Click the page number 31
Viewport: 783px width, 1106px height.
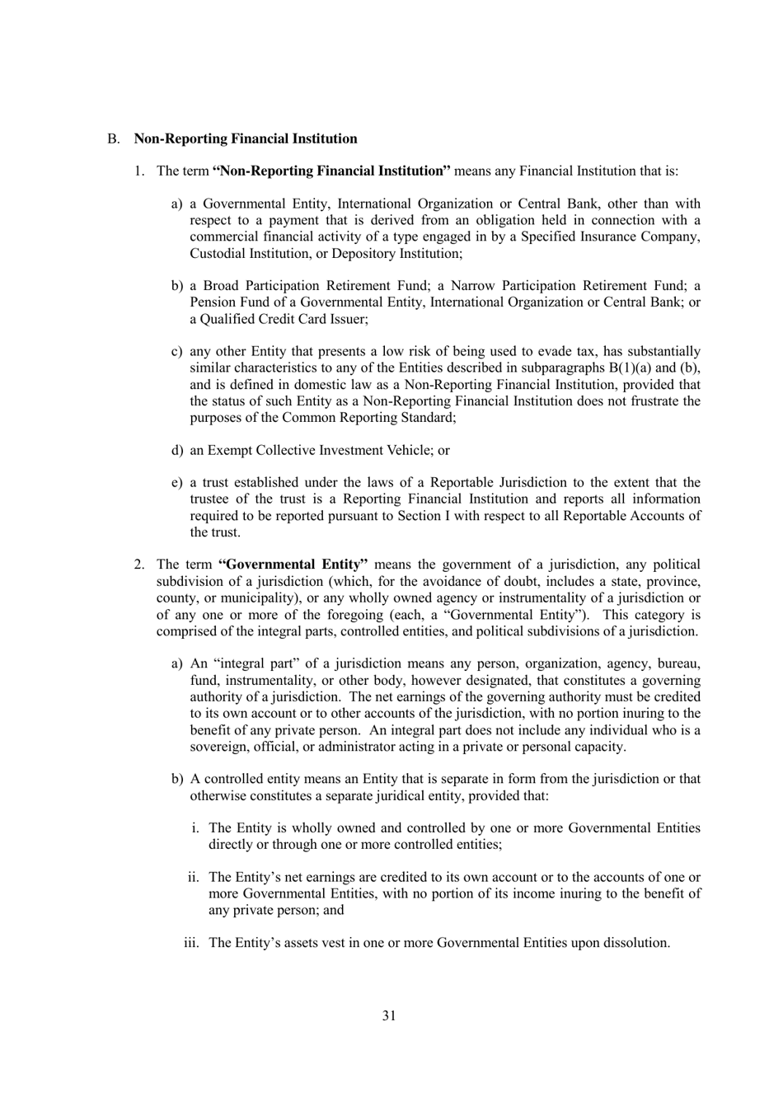(x=389, y=1015)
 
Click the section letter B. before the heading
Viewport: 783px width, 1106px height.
(x=113, y=138)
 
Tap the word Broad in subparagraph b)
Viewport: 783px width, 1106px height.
(x=221, y=286)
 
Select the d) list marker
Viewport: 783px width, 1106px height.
(x=176, y=450)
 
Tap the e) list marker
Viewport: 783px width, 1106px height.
(x=176, y=483)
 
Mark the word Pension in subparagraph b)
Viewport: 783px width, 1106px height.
(x=213, y=302)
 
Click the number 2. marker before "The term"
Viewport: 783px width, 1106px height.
(x=140, y=565)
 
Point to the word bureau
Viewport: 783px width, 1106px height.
(x=678, y=663)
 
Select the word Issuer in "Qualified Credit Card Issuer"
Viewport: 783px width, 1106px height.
(x=347, y=318)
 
